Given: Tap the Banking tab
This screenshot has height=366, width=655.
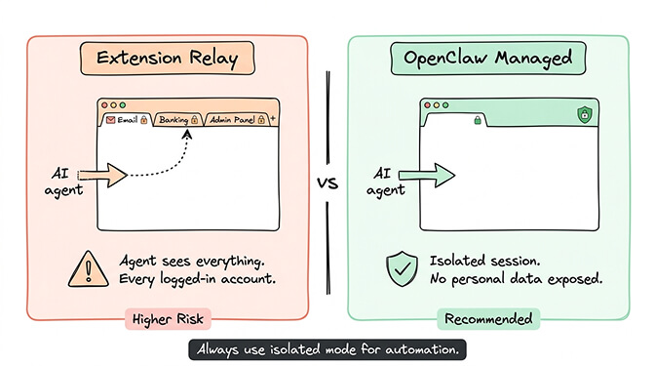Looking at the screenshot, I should click(x=176, y=119).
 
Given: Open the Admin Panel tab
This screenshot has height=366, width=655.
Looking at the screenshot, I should click(x=232, y=119).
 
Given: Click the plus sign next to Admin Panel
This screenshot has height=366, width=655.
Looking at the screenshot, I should click(x=273, y=119).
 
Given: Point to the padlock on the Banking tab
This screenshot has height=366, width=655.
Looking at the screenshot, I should click(x=194, y=119).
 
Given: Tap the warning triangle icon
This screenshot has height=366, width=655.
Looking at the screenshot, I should click(x=89, y=266).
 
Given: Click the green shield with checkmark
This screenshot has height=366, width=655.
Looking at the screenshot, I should click(x=402, y=266).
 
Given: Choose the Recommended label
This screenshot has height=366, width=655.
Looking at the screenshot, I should click(x=489, y=318).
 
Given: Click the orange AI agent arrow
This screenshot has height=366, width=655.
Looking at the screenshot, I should click(x=106, y=176).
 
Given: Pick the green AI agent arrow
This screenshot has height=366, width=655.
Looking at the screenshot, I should click(x=426, y=176).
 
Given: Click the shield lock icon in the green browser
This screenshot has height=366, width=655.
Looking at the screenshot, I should click(x=585, y=114).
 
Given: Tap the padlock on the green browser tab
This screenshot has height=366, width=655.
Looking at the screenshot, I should click(x=478, y=120).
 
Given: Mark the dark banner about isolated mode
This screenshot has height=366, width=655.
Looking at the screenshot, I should click(x=327, y=348).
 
